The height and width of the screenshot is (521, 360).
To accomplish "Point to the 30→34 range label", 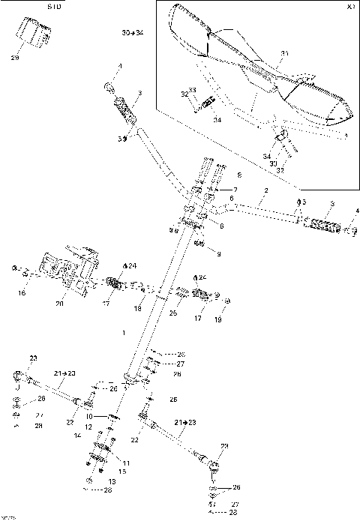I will (x=132, y=34).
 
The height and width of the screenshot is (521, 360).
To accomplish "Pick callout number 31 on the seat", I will (x=284, y=53).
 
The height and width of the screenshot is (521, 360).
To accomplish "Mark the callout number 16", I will (x=21, y=293).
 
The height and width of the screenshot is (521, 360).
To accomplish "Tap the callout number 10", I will (x=88, y=415).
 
